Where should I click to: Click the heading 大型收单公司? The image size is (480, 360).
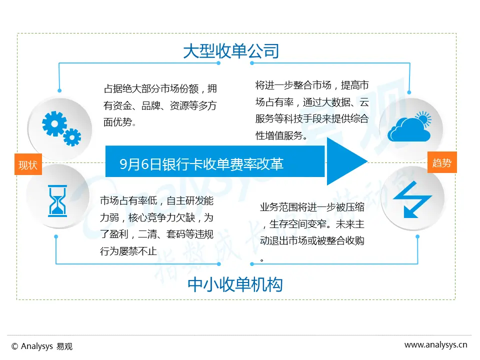(230, 51)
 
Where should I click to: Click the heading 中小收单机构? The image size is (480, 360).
(235, 284)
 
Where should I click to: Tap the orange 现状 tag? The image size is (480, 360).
(27, 164)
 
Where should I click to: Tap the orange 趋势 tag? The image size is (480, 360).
(442, 162)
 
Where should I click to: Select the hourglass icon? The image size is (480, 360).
(57, 200)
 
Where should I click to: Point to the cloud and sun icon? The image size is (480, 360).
(409, 127)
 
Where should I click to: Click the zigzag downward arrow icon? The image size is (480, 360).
(412, 199)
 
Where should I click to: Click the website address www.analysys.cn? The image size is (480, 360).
(435, 344)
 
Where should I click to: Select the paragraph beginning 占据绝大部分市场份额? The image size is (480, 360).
(160, 105)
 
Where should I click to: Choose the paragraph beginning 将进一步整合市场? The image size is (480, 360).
(312, 109)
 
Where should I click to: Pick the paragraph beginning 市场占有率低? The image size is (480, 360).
(157, 226)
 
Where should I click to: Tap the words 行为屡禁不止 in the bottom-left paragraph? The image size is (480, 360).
(128, 251)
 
